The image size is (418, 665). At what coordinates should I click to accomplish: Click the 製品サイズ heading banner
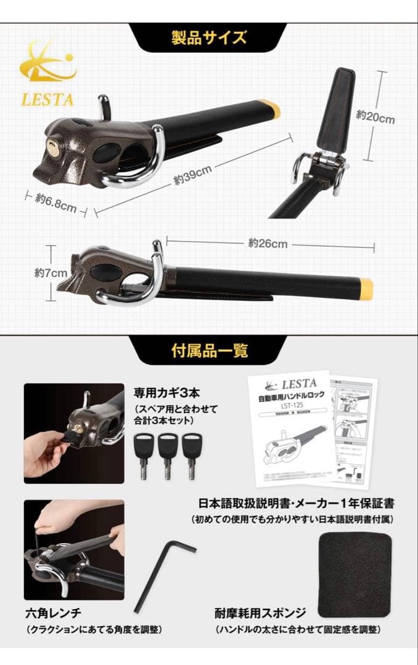coord(209,38)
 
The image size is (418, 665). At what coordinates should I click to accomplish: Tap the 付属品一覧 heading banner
coord(209,350)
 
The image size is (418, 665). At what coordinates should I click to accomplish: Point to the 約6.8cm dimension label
coord(55,202)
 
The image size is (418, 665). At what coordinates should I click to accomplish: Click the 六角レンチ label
coord(54,613)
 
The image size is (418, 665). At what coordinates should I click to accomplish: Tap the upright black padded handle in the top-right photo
coord(335,111)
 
